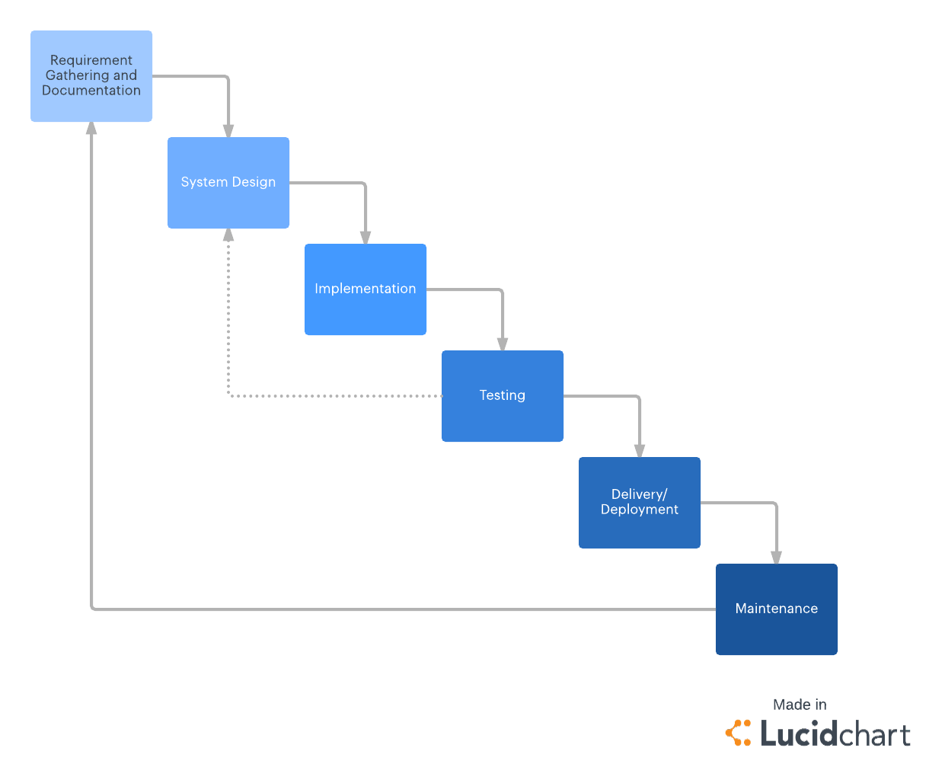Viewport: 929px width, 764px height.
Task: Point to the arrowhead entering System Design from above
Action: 228,130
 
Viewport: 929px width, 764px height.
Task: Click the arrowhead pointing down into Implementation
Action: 366,237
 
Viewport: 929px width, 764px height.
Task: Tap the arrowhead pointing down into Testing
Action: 503,344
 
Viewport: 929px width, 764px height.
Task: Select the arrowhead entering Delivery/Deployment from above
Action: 640,450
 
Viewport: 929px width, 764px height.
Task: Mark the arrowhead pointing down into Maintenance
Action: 777,557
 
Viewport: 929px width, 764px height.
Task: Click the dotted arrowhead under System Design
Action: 228,235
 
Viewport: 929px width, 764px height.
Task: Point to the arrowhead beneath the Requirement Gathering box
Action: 91,129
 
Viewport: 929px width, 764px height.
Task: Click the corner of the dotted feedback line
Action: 229,395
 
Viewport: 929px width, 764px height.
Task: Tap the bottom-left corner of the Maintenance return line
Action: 92,609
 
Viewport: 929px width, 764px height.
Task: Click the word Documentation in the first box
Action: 91,91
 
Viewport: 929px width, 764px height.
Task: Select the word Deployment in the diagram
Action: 640,510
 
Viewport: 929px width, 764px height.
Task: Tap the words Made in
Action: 800,705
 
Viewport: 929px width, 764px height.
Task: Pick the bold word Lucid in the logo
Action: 799,734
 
